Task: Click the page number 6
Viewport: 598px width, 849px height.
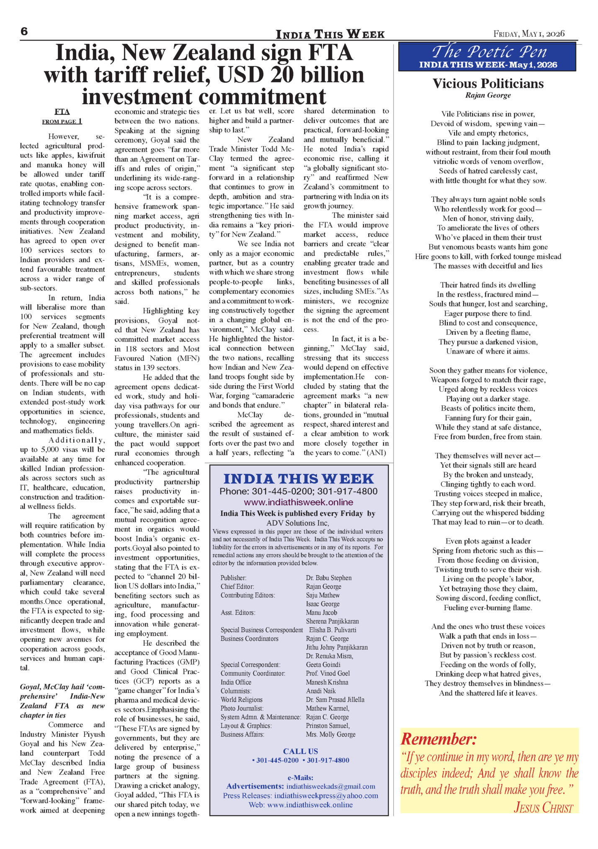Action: pyautogui.click(x=24, y=32)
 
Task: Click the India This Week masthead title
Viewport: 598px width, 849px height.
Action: pyautogui.click(x=330, y=34)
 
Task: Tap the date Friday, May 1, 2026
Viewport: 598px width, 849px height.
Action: pyautogui.click(x=529, y=33)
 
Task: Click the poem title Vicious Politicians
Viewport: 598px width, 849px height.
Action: pyautogui.click(x=488, y=84)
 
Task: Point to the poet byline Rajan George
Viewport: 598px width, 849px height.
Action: pyautogui.click(x=488, y=95)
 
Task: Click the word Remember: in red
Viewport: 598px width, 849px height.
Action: pyautogui.click(x=438, y=739)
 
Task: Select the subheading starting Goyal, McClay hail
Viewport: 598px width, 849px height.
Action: pyautogui.click(x=62, y=701)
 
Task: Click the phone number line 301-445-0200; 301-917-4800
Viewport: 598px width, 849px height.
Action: pyautogui.click(x=298, y=491)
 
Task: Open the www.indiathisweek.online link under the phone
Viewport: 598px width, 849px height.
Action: pyautogui.click(x=298, y=502)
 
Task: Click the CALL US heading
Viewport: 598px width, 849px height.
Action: pyautogui.click(x=300, y=751)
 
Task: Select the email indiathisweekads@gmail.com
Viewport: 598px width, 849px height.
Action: pyautogui.click(x=330, y=786)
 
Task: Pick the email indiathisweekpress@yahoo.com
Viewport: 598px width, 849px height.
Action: pyautogui.click(x=326, y=795)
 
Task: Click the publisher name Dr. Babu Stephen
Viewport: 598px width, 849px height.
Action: pyautogui.click(x=328, y=578)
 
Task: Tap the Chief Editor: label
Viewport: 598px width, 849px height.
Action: pyautogui.click(x=237, y=587)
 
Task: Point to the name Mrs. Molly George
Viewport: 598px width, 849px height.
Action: pyautogui.click(x=330, y=734)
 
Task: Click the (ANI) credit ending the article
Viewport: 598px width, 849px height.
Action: pyautogui.click(x=376, y=453)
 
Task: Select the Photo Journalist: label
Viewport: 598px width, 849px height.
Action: pyautogui.click(x=242, y=708)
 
